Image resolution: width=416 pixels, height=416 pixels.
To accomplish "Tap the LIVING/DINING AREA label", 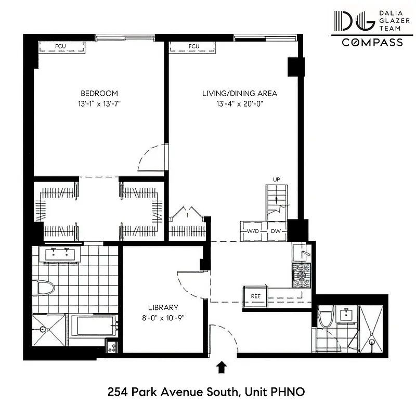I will click(x=240, y=94).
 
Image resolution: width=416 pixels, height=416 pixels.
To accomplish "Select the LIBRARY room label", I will click(x=163, y=307).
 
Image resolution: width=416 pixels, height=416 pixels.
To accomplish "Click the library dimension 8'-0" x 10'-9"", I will click(x=163, y=317).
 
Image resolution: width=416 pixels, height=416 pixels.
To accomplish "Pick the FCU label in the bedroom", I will click(x=61, y=47).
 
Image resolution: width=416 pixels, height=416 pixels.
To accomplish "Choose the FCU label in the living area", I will click(x=194, y=47).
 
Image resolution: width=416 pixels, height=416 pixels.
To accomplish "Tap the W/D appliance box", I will click(x=253, y=231).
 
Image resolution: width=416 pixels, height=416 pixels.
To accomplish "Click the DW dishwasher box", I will click(x=276, y=231).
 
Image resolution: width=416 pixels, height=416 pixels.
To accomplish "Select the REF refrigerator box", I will click(x=255, y=296).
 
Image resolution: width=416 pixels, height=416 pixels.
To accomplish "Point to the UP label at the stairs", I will click(x=277, y=180).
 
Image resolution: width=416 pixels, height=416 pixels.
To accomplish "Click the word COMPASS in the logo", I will click(x=372, y=43).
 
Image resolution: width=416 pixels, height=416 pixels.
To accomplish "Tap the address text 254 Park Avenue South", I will click(x=172, y=391).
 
